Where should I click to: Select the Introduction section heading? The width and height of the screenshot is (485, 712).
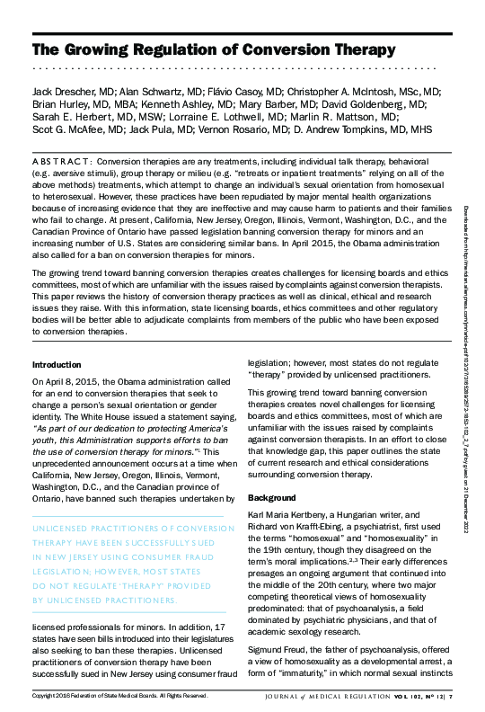click(x=57, y=365)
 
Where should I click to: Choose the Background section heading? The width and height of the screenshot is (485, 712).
click(x=271, y=497)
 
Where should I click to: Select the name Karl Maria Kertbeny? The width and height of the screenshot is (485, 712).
click(x=289, y=515)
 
